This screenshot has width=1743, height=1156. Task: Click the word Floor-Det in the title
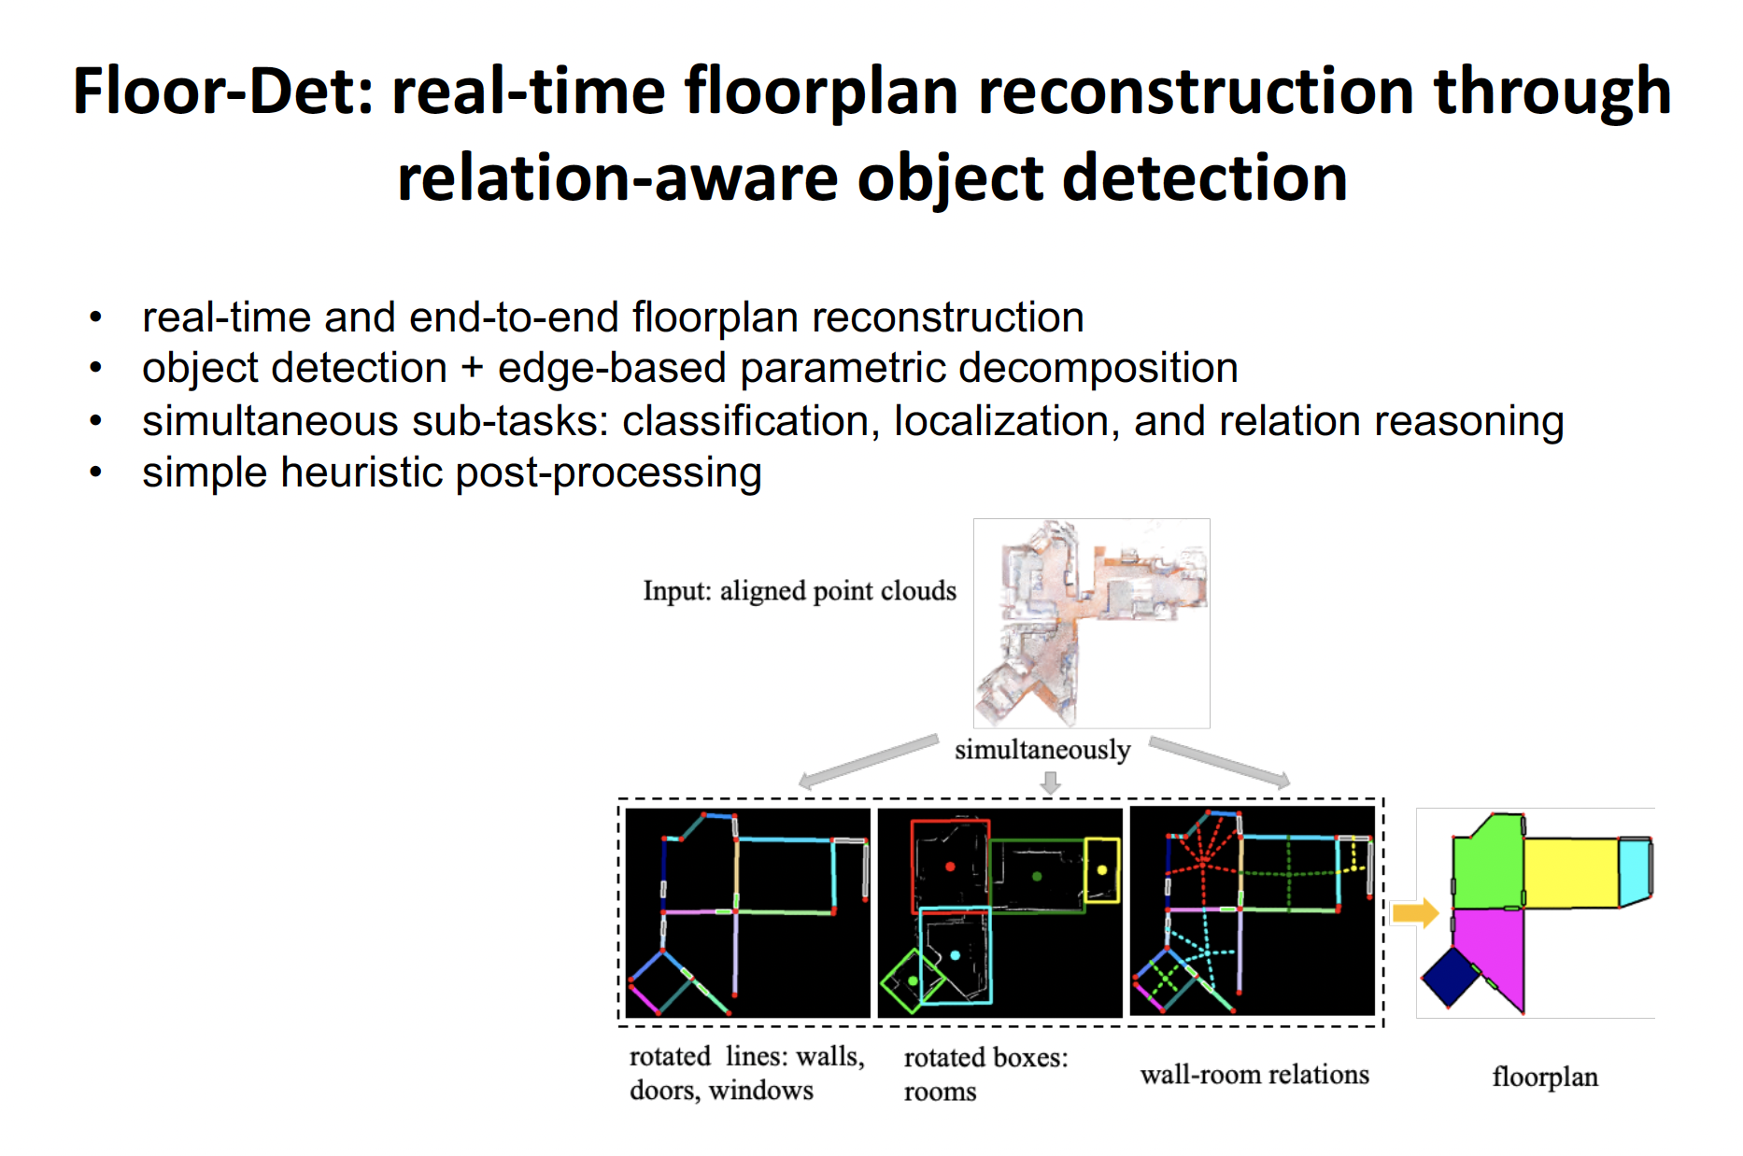[x=223, y=92]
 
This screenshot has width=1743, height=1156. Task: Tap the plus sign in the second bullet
[x=472, y=369]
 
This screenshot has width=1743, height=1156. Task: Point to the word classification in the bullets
[x=751, y=421]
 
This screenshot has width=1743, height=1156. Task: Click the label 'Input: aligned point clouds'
[x=800, y=591]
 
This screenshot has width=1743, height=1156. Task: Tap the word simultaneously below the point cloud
[x=1042, y=750]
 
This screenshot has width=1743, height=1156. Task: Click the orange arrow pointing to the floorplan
[x=1415, y=912]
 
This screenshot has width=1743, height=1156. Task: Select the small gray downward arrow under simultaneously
[x=1051, y=782]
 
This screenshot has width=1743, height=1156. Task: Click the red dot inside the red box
[x=950, y=867]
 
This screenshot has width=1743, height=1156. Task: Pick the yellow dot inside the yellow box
[x=1102, y=870]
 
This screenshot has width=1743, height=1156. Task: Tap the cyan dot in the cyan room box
[x=955, y=955]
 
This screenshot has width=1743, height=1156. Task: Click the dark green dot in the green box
[x=1037, y=877]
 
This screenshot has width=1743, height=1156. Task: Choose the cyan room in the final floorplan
[x=1635, y=871]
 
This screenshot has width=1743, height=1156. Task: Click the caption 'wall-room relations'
[x=1254, y=1075]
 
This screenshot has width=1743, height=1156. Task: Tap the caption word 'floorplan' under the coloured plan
[x=1545, y=1077]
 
